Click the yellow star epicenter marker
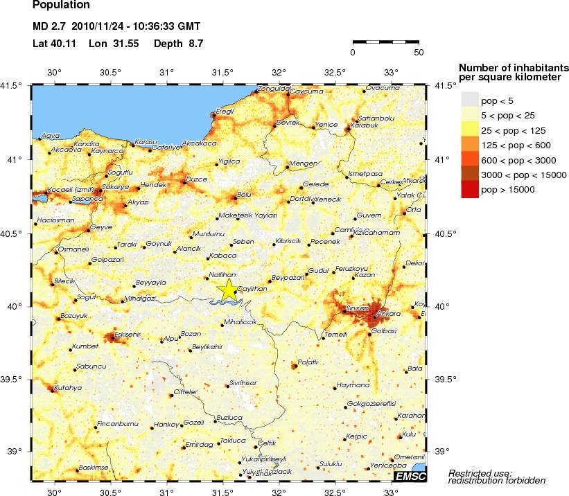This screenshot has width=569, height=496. click(x=227, y=290)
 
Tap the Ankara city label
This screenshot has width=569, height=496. click(x=389, y=313)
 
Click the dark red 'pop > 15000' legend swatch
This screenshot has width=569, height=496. click(x=471, y=189)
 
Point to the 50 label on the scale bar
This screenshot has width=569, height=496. click(x=419, y=52)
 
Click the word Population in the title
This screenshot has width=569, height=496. click(x=61, y=6)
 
